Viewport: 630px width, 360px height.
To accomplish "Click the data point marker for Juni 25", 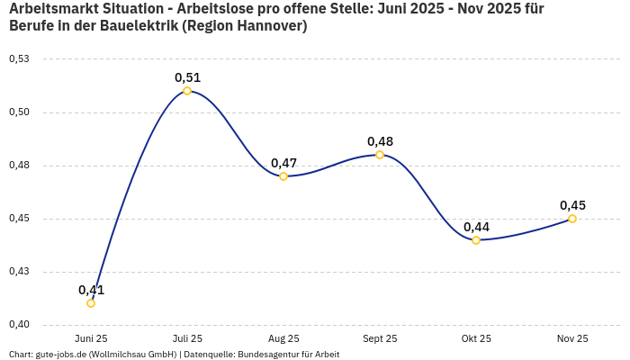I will coord(91,303).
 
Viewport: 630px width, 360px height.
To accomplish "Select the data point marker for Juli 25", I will coord(187,91).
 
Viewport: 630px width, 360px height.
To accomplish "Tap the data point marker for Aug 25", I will coord(283,176).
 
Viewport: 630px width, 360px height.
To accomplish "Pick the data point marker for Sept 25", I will coord(380,155).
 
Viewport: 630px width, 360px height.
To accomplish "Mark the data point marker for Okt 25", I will coord(476,240).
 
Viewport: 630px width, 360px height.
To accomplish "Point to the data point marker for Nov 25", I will coord(572,219).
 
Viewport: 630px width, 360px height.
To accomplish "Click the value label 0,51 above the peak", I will coord(187,77).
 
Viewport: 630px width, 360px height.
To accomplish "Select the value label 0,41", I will coord(91,290).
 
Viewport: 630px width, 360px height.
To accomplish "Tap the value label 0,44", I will coord(476,227).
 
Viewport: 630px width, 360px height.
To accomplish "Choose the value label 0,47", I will coord(283,163).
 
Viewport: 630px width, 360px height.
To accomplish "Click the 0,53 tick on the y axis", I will coord(19,59).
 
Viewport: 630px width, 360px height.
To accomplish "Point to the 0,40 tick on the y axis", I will coord(19,325).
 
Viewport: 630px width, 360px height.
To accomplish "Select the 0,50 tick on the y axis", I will coord(19,112).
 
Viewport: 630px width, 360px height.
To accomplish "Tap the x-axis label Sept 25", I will coord(380,338).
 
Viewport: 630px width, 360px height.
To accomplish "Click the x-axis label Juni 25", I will coord(91,338).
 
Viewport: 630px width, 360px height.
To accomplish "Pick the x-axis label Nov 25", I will coord(572,338).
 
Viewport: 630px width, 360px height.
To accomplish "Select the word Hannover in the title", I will coord(269,26).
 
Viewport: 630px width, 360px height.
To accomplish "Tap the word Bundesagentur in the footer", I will coord(264,354).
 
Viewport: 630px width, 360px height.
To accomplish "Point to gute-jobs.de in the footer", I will coord(59,354).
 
